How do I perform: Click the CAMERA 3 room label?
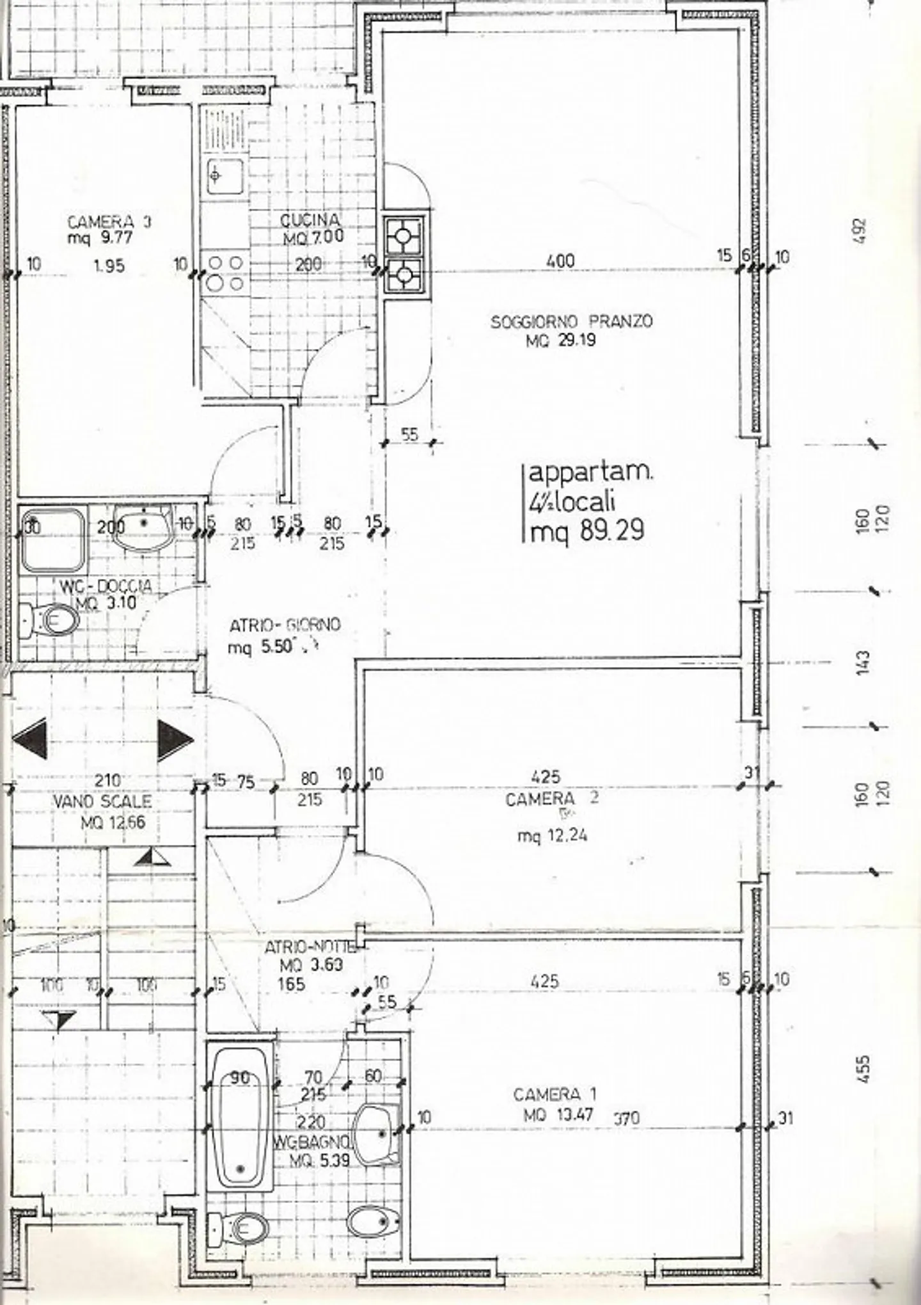point(109,222)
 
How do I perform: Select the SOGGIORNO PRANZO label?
point(571,321)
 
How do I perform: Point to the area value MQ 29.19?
point(560,340)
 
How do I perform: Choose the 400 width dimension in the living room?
point(560,260)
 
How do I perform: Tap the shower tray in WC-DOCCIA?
point(52,539)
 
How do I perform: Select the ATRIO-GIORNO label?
point(285,625)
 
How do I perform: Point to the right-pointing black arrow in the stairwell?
point(174,740)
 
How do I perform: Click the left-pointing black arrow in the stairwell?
point(31,738)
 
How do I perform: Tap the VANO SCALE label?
point(102,801)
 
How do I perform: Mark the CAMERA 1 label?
point(555,1094)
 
